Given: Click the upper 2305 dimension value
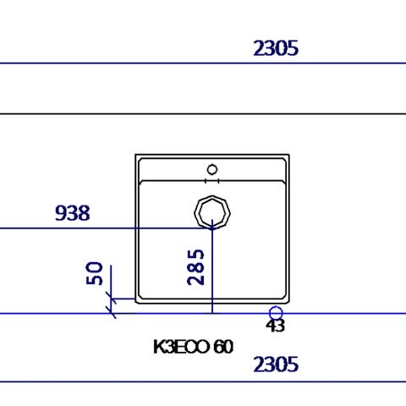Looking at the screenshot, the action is pos(276,48).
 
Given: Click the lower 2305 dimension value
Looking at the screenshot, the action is pos(276,365).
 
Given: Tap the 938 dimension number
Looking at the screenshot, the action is pos(73,213).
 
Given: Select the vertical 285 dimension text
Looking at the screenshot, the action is pos(195,267).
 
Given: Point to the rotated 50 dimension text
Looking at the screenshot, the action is pos(95,273).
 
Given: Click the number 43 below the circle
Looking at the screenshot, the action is pos(275,326).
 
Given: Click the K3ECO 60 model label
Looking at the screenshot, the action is pos(194,347).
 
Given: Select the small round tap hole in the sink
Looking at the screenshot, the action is pos(212,170).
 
